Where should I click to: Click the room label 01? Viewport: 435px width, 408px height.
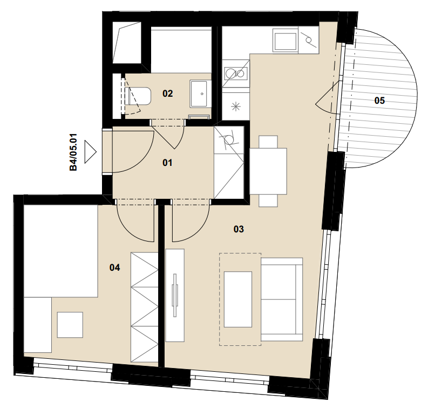(x=167, y=163)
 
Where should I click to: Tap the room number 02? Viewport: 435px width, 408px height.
(x=167, y=93)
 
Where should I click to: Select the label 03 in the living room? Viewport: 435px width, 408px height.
(x=239, y=229)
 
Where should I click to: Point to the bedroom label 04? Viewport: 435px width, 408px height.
(x=114, y=267)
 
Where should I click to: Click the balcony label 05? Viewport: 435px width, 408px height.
(x=379, y=101)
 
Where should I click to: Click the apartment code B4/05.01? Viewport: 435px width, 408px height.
(x=73, y=152)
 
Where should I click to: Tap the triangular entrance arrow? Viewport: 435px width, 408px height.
(x=91, y=152)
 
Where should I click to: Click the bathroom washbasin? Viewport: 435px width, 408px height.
(x=199, y=94)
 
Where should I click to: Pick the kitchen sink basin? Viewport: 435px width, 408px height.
(x=285, y=42)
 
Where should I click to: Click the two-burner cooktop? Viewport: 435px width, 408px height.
(x=235, y=73)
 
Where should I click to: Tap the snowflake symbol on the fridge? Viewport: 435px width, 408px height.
(x=236, y=107)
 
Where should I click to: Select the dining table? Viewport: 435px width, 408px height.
(x=268, y=171)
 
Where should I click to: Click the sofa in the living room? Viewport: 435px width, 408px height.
(x=282, y=299)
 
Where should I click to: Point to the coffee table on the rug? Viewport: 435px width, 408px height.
(x=238, y=299)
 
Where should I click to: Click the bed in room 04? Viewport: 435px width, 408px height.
(x=61, y=251)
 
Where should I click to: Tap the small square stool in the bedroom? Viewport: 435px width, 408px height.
(x=70, y=325)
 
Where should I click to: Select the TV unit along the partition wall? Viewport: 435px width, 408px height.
(x=175, y=295)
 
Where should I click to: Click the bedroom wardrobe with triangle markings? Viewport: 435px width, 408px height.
(x=144, y=307)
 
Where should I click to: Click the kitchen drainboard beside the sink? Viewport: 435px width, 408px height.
(x=308, y=41)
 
